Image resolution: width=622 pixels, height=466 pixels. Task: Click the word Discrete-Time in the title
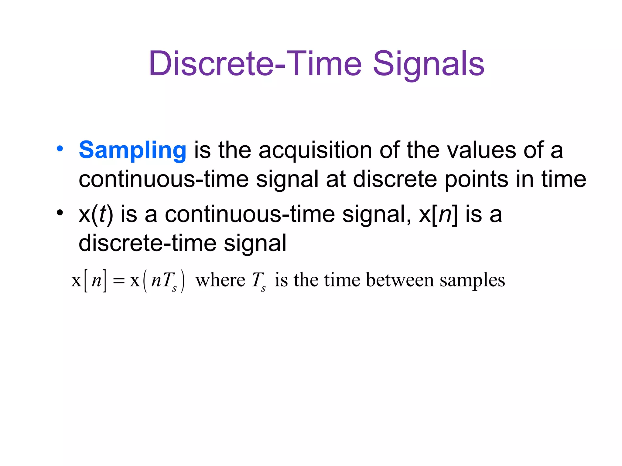(255, 64)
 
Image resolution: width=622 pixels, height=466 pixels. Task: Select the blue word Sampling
(132, 150)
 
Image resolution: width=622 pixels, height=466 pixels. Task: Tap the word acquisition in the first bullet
(315, 150)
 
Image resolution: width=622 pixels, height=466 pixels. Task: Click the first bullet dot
(60, 149)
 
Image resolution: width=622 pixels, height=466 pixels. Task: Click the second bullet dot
(60, 212)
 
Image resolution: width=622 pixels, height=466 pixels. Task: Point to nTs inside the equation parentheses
(164, 281)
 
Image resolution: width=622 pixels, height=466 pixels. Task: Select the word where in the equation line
(220, 280)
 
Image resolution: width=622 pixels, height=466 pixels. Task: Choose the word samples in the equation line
(472, 281)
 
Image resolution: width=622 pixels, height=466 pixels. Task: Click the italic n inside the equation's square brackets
(96, 281)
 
